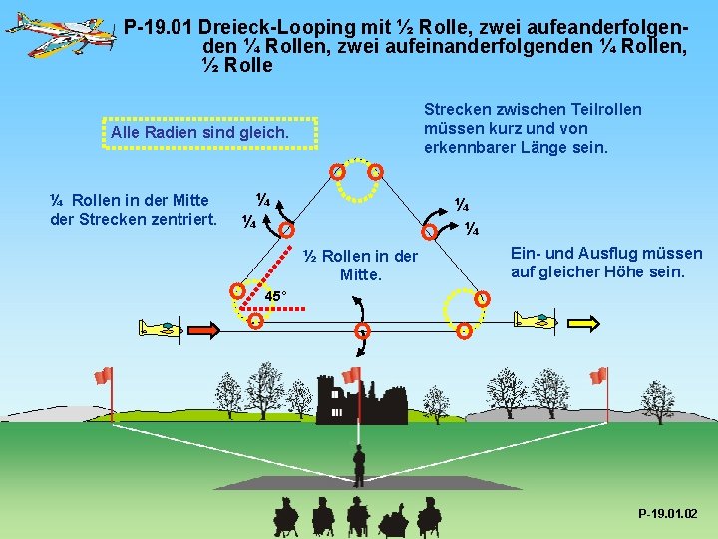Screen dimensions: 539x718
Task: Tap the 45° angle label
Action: click(276, 296)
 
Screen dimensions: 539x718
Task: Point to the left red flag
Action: click(103, 375)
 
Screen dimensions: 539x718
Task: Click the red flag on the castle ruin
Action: click(351, 376)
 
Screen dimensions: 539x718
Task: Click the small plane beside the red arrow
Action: click(160, 327)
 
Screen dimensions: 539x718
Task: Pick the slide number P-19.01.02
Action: click(668, 514)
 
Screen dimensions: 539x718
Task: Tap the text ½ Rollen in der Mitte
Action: click(360, 265)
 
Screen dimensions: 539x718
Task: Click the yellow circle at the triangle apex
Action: click(352, 181)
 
